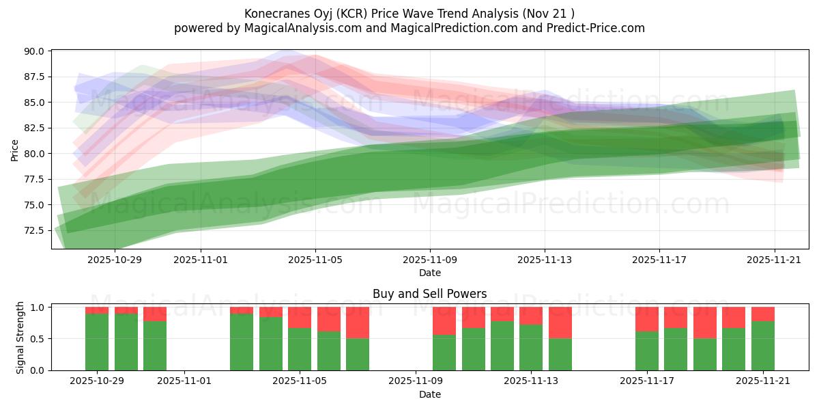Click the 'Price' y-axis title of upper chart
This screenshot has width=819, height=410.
14,150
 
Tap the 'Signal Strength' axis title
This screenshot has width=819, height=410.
20,338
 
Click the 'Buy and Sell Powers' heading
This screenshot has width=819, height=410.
429,294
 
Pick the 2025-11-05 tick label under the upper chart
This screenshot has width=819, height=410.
315,260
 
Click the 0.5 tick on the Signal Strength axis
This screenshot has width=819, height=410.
38,339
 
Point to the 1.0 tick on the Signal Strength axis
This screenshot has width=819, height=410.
38,307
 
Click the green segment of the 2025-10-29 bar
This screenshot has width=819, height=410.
97,342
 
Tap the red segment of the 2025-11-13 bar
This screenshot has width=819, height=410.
531,316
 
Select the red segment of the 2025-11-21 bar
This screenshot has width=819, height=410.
762,314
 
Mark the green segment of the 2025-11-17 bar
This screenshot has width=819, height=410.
646,351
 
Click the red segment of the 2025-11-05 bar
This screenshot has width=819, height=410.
300,318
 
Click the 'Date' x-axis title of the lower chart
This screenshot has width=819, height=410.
429,394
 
